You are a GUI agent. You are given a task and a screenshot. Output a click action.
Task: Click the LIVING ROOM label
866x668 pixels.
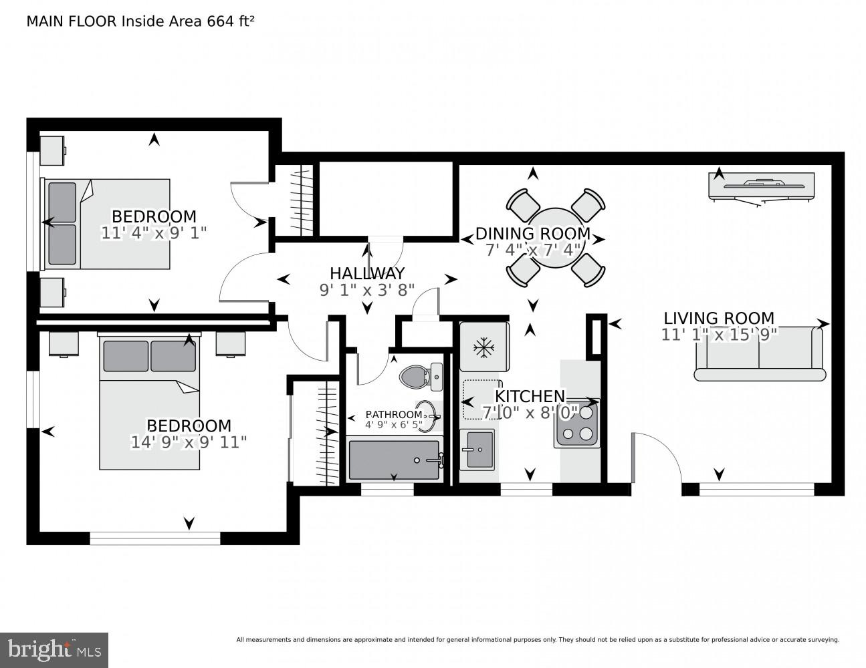click(718, 319)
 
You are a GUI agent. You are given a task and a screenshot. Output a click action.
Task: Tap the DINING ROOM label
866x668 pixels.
click(533, 234)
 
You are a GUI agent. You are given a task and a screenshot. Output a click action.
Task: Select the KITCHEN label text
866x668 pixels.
click(530, 397)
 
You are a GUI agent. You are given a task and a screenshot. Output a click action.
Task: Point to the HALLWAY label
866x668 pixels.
click(367, 273)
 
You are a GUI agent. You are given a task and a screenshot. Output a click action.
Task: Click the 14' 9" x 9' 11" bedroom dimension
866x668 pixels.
click(189, 443)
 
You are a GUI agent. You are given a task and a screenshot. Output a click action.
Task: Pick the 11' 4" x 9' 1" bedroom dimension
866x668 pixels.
click(154, 233)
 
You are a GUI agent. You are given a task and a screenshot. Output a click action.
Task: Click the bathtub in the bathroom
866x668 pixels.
click(394, 460)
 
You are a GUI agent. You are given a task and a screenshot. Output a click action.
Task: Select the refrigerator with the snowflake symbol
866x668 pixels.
click(485, 347)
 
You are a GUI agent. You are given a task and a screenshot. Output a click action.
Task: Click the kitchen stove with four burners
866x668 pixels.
click(577, 423)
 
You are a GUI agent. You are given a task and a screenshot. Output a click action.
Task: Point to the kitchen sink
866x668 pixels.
click(477, 450)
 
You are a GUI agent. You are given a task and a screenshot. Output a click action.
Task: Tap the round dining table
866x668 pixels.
click(556, 238)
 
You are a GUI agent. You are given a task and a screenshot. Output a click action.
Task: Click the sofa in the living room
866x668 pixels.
click(760, 354)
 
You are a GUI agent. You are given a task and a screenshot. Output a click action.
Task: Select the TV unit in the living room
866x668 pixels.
click(761, 186)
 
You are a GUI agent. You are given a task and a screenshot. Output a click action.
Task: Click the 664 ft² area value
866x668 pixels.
click(230, 21)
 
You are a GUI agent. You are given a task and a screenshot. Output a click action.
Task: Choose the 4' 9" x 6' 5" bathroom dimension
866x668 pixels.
click(394, 425)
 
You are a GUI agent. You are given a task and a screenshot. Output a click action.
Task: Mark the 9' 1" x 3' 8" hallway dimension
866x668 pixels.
click(367, 290)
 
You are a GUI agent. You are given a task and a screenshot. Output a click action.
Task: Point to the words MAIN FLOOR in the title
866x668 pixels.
click(72, 21)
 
